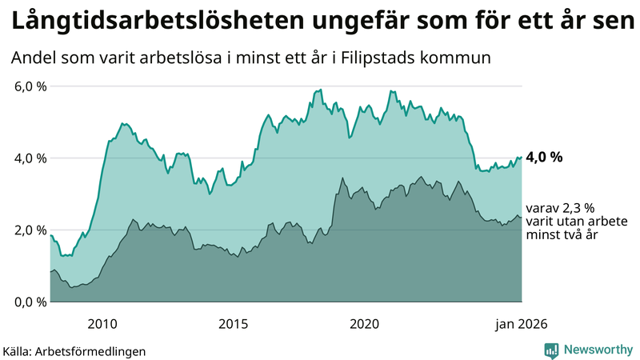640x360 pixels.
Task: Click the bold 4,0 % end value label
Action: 544,158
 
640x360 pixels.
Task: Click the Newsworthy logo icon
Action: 551,350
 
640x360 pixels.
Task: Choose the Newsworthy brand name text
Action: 598,350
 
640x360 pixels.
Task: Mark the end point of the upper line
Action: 522,158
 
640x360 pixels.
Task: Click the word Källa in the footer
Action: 19,351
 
